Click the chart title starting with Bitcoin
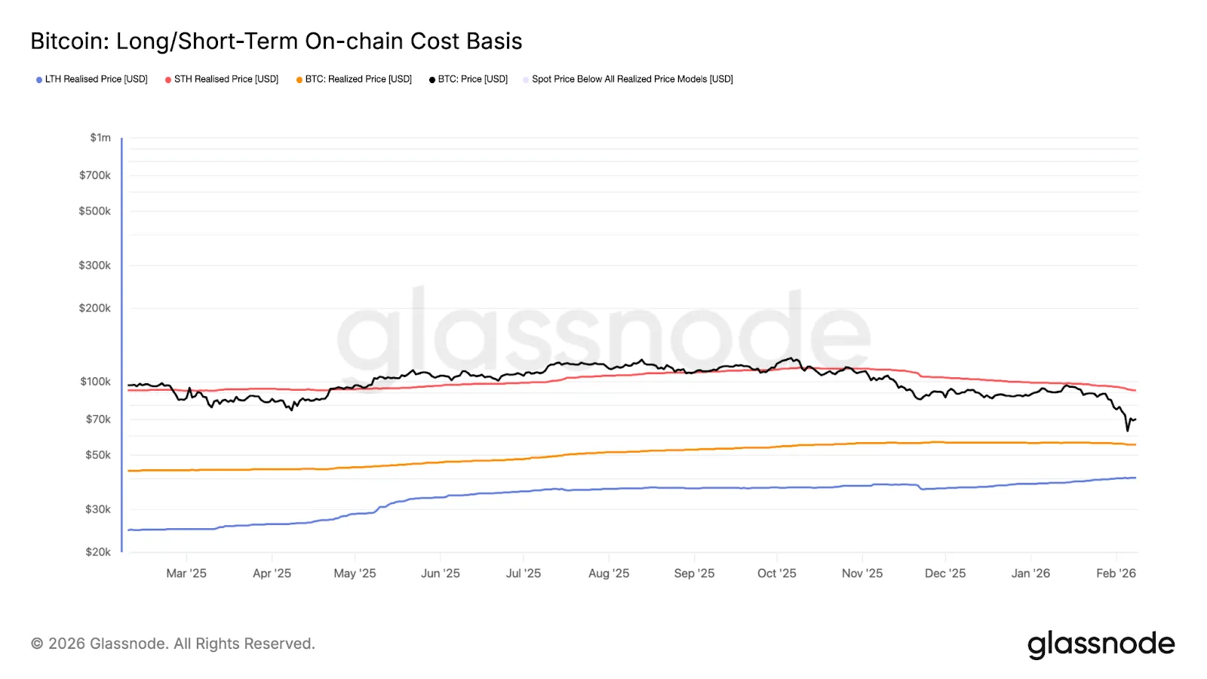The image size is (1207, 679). pyautogui.click(x=276, y=41)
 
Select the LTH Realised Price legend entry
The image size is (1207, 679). pyautogui.click(x=91, y=79)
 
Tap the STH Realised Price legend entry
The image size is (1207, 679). pyautogui.click(x=222, y=79)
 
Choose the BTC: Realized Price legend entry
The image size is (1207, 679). pyautogui.click(x=354, y=79)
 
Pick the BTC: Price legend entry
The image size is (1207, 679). pyautogui.click(x=468, y=79)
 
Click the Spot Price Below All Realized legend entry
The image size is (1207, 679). pyautogui.click(x=628, y=79)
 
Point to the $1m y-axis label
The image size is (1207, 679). pyautogui.click(x=100, y=137)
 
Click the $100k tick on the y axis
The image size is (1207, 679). pyautogui.click(x=95, y=382)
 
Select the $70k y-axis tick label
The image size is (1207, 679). pyautogui.click(x=98, y=419)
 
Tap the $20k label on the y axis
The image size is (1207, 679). pyautogui.click(x=98, y=551)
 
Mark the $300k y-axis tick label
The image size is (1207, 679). pyautogui.click(x=95, y=265)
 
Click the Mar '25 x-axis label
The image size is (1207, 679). pyautogui.click(x=186, y=573)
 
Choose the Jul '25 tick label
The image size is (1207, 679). pyautogui.click(x=524, y=573)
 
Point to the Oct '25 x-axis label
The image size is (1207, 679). pyautogui.click(x=777, y=573)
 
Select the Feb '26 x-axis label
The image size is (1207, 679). pyautogui.click(x=1116, y=573)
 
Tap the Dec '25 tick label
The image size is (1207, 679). pyautogui.click(x=945, y=573)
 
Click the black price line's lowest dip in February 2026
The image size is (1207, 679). pyautogui.click(x=1127, y=431)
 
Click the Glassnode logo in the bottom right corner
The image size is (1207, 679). pyautogui.click(x=1101, y=644)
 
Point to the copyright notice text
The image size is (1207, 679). pyautogui.click(x=173, y=644)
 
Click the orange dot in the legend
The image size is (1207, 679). pyautogui.click(x=299, y=80)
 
